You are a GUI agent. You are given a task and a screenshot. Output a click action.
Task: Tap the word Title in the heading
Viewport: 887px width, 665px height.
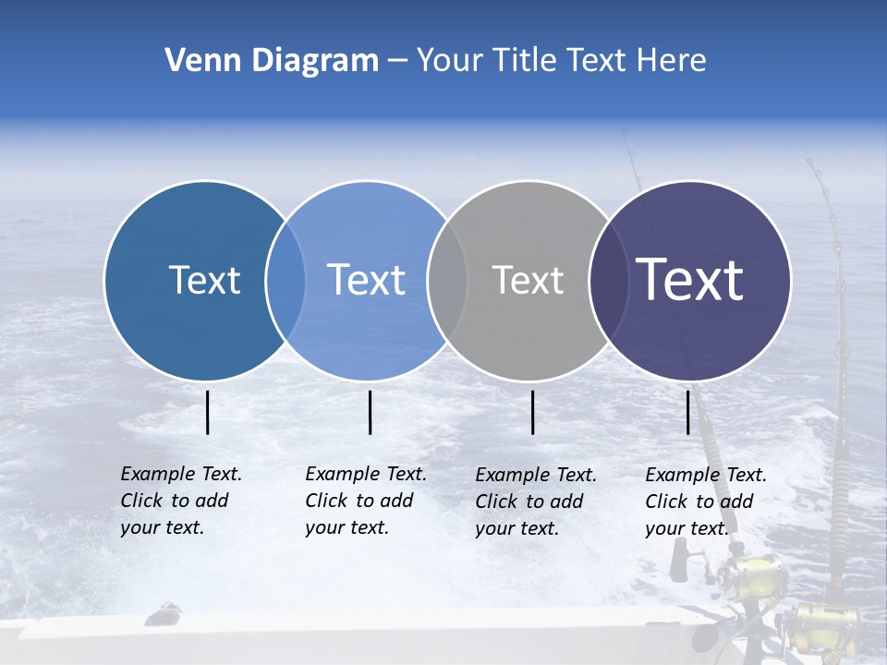coord(529,61)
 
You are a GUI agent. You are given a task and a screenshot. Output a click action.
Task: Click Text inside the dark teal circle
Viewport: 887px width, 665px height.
coord(204,280)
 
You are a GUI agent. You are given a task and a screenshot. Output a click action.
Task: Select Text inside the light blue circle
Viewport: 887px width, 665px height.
coord(366,280)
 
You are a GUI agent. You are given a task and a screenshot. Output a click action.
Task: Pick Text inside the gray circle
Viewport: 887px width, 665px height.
coord(528,280)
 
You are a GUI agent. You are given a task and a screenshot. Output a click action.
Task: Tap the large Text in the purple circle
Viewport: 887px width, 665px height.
coord(690,280)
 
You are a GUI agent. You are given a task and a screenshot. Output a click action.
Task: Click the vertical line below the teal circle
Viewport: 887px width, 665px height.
coord(208,412)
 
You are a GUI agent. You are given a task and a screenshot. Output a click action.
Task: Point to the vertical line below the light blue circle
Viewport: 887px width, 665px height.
coord(370,412)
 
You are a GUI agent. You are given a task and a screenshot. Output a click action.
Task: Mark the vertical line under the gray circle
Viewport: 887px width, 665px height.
coord(533,412)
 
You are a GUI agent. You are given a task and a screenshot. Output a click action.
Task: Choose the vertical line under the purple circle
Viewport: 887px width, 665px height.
coord(688,412)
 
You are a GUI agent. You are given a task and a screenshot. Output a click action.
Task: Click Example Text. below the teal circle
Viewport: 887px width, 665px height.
coord(181,474)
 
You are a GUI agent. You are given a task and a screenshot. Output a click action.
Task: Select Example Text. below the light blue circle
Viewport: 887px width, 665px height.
coord(366,474)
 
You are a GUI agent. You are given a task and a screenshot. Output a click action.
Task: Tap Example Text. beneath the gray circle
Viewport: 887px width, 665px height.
coord(536,475)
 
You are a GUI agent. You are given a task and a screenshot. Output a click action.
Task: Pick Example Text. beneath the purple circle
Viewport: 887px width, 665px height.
coord(706,475)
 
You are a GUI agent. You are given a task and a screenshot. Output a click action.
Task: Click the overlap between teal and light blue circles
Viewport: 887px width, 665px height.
coord(286,280)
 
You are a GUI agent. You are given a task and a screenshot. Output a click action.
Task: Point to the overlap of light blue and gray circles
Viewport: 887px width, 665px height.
coord(447,280)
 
